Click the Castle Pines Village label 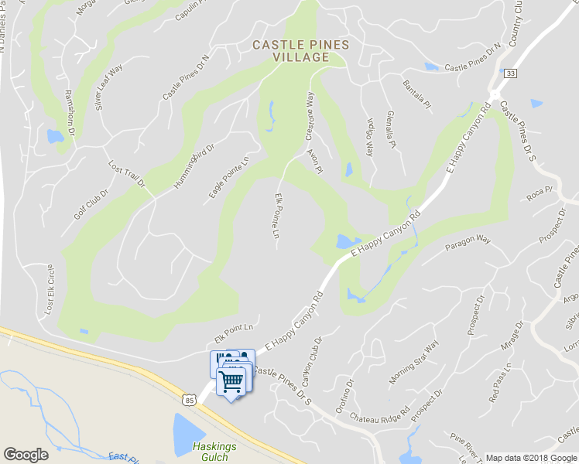(x=301, y=51)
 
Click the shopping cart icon (x=231, y=380)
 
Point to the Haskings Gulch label (x=214, y=452)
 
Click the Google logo (x=26, y=455)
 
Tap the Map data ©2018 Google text (x=531, y=458)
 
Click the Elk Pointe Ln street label (x=277, y=216)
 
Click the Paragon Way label (x=468, y=244)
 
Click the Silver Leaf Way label (x=109, y=87)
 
